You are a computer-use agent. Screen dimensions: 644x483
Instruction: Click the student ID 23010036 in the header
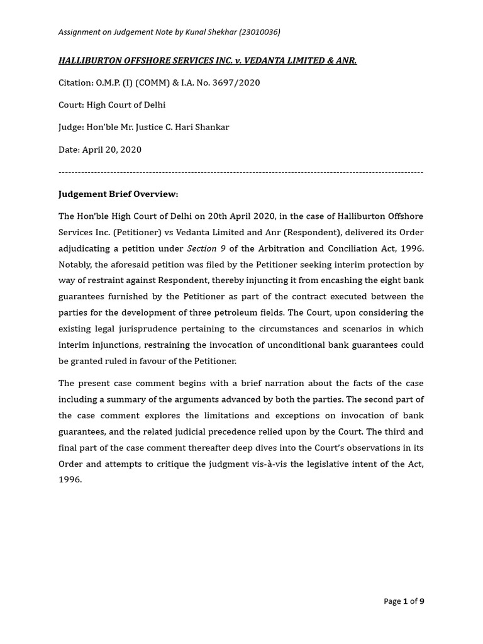point(258,32)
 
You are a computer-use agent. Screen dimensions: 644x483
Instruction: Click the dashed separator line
point(241,172)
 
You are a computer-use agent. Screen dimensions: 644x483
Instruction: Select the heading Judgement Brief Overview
point(118,194)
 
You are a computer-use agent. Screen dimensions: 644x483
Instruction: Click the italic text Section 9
point(206,248)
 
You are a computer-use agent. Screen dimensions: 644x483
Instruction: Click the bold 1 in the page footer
point(406,601)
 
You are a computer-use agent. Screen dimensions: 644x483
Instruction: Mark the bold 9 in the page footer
point(421,601)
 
